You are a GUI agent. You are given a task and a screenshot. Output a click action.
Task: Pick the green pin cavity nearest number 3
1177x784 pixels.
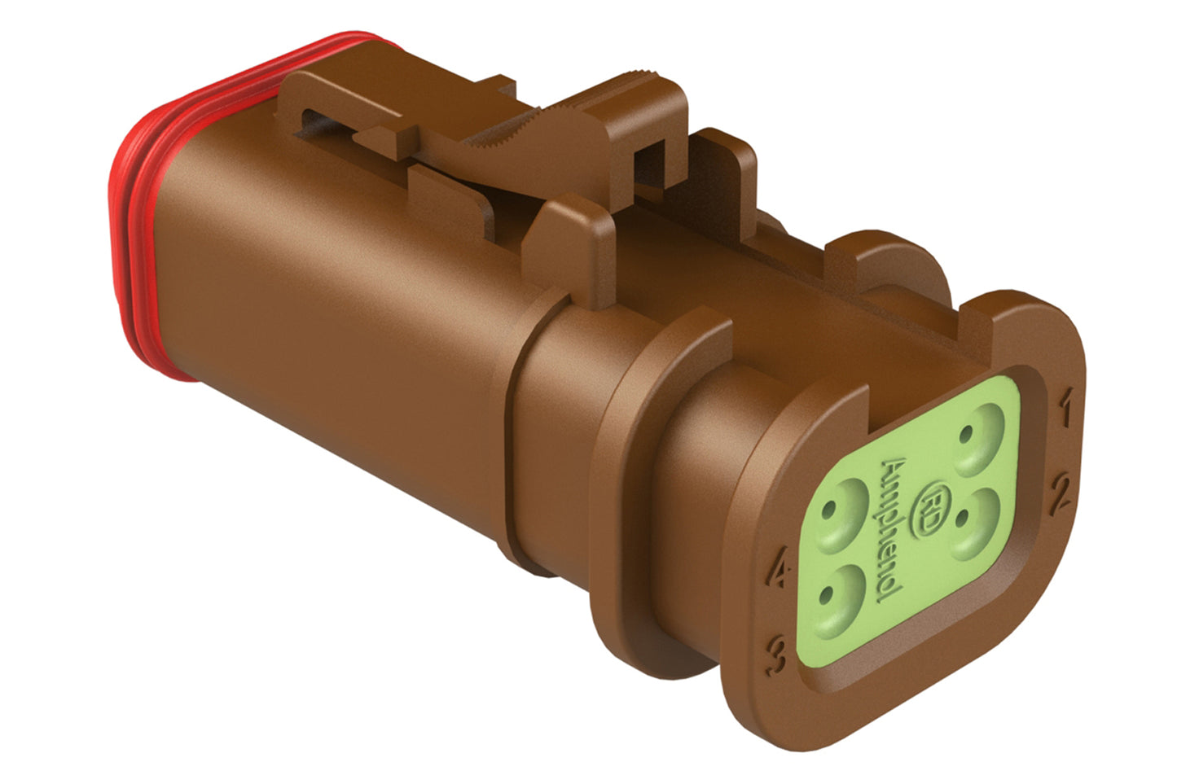(x=836, y=599)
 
